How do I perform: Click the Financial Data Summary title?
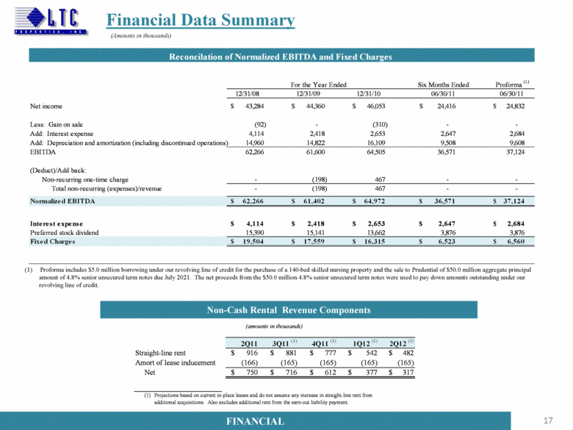click(x=201, y=20)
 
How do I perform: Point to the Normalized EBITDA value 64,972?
click(x=373, y=200)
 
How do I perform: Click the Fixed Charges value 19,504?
click(x=253, y=241)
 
